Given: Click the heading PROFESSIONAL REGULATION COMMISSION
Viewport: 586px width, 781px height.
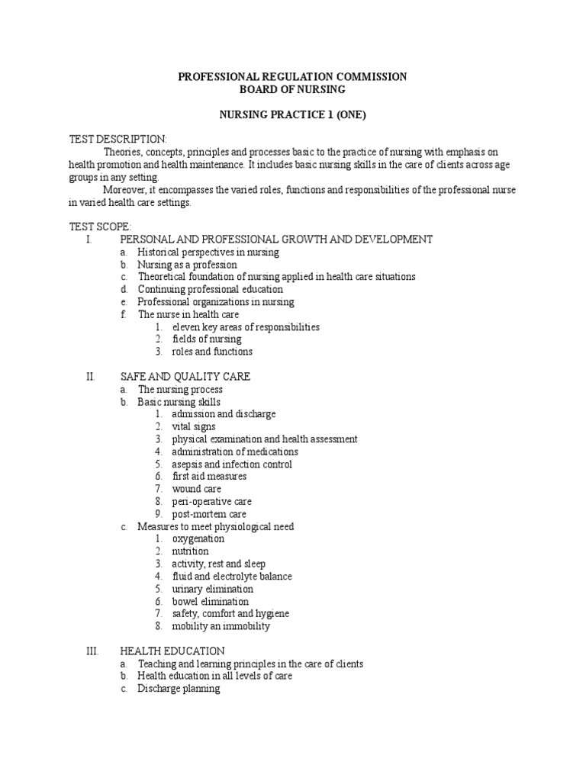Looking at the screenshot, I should (x=292, y=77).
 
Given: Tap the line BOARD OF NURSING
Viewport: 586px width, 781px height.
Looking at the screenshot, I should (x=292, y=89).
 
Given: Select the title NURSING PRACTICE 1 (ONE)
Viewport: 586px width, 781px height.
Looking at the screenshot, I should (x=292, y=114).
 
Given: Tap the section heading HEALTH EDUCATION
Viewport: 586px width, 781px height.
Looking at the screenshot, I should (x=172, y=651).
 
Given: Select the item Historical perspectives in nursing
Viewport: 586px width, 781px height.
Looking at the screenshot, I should (x=208, y=252).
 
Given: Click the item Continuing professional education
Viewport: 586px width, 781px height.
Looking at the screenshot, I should (x=210, y=289).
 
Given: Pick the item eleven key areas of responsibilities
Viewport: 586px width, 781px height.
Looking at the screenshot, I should (x=235, y=326).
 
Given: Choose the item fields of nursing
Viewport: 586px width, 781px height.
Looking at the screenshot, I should (x=207, y=339).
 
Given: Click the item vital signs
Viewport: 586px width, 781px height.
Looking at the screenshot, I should (x=194, y=427).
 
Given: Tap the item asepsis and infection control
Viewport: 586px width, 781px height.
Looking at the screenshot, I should (x=232, y=464).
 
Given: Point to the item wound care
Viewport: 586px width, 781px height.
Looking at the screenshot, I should (x=197, y=489).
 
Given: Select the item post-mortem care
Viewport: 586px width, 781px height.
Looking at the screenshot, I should (x=209, y=514).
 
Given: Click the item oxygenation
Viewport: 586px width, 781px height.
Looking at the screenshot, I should (x=198, y=538).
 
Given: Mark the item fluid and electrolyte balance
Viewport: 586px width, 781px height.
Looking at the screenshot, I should (x=232, y=577).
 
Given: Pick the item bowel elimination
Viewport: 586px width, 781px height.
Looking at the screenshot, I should (x=211, y=602).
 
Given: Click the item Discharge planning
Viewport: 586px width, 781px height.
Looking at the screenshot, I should (x=179, y=689).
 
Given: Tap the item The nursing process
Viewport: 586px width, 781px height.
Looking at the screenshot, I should (x=180, y=390).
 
